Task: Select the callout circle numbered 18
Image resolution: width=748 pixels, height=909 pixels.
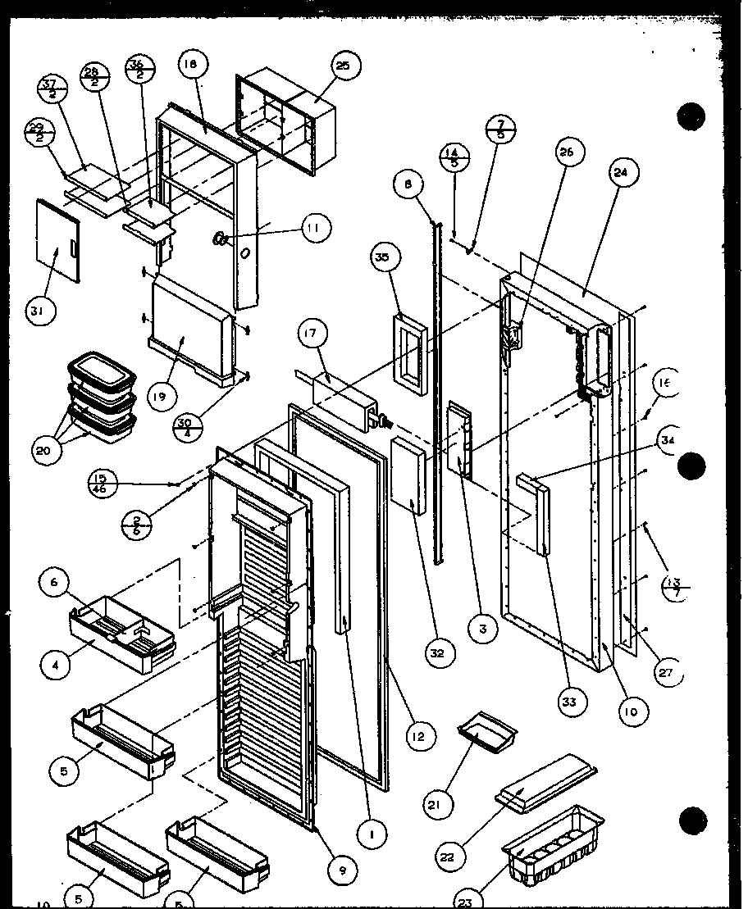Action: (x=191, y=66)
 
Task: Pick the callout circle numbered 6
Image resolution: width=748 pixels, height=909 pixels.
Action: (x=55, y=583)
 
